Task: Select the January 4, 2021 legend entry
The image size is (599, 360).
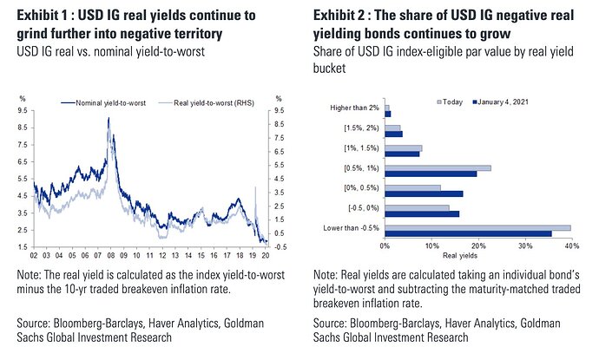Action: (511, 101)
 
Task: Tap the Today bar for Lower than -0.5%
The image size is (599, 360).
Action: (477, 227)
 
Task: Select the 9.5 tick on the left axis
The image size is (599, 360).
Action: (23, 110)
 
